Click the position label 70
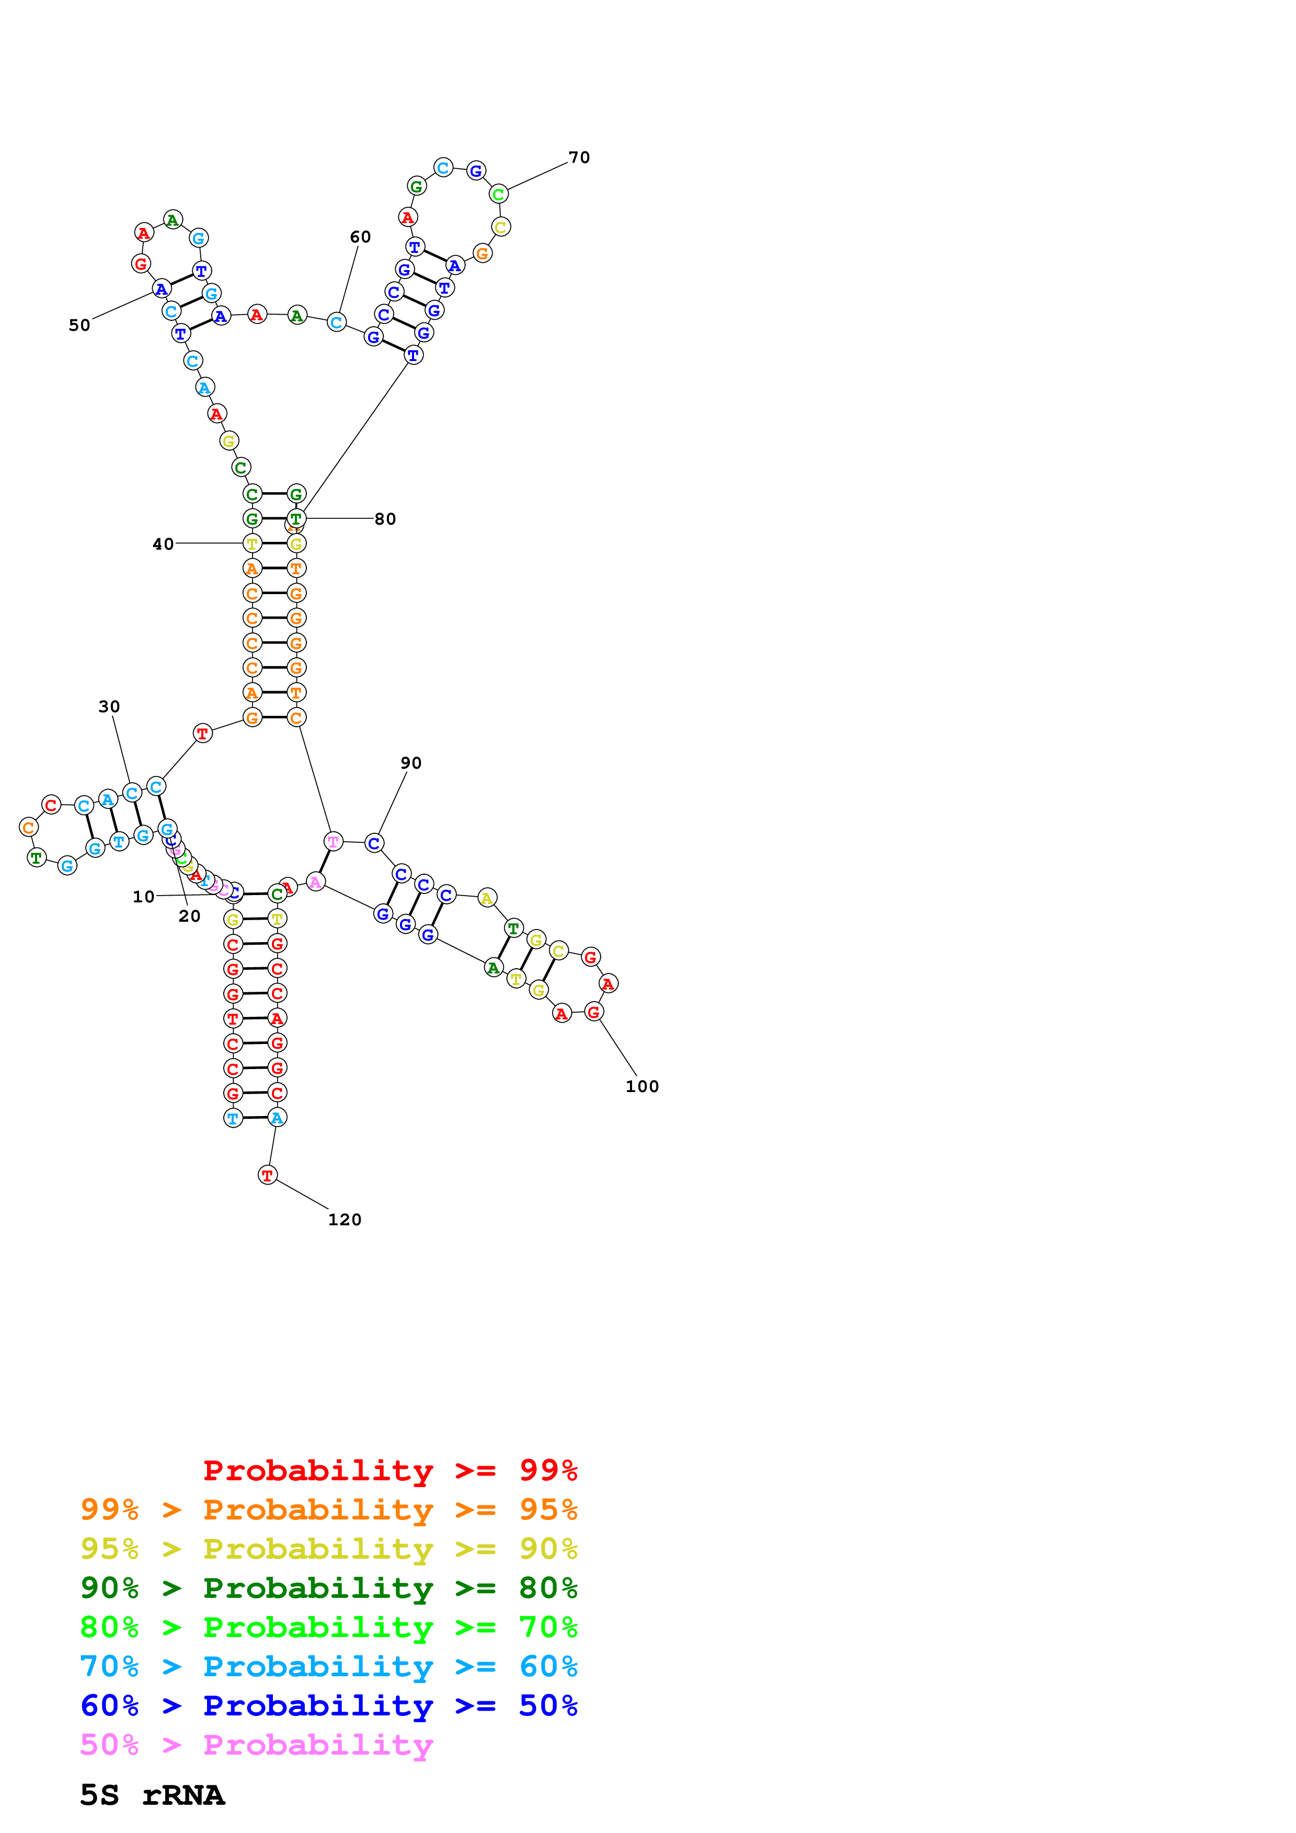point(579,157)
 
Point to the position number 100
point(642,1086)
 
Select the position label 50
point(79,325)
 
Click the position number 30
point(109,706)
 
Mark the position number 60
point(360,237)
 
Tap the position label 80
point(385,519)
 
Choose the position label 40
point(163,543)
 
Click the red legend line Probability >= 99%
point(389,1470)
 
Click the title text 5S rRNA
point(152,1795)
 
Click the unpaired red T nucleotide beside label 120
point(268,1175)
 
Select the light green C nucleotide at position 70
point(498,194)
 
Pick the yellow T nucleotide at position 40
point(253,543)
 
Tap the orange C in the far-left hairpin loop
point(29,827)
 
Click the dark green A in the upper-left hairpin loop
point(173,219)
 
